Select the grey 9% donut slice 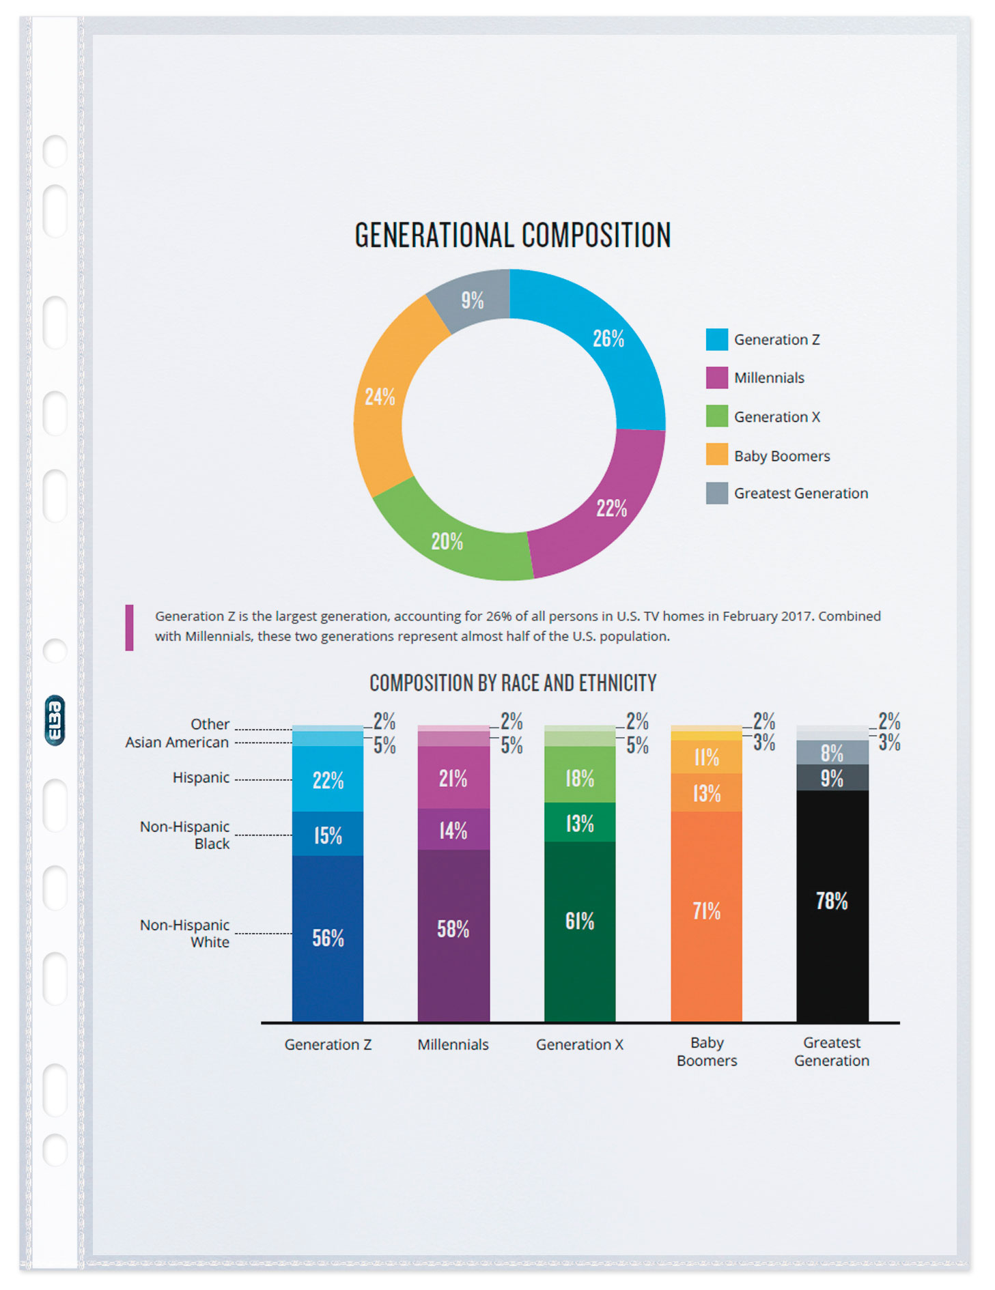coord(472,300)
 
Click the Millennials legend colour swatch coord(716,377)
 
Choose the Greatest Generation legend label coord(800,493)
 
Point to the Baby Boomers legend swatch coord(716,455)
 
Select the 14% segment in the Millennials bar coord(453,830)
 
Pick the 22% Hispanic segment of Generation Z coord(328,780)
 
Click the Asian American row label coord(177,743)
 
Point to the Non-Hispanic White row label coord(185,933)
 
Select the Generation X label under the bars coord(580,1044)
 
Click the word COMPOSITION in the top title coord(596,235)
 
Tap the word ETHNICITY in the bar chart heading coord(617,683)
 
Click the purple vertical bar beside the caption coord(129,627)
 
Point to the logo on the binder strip coord(55,720)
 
